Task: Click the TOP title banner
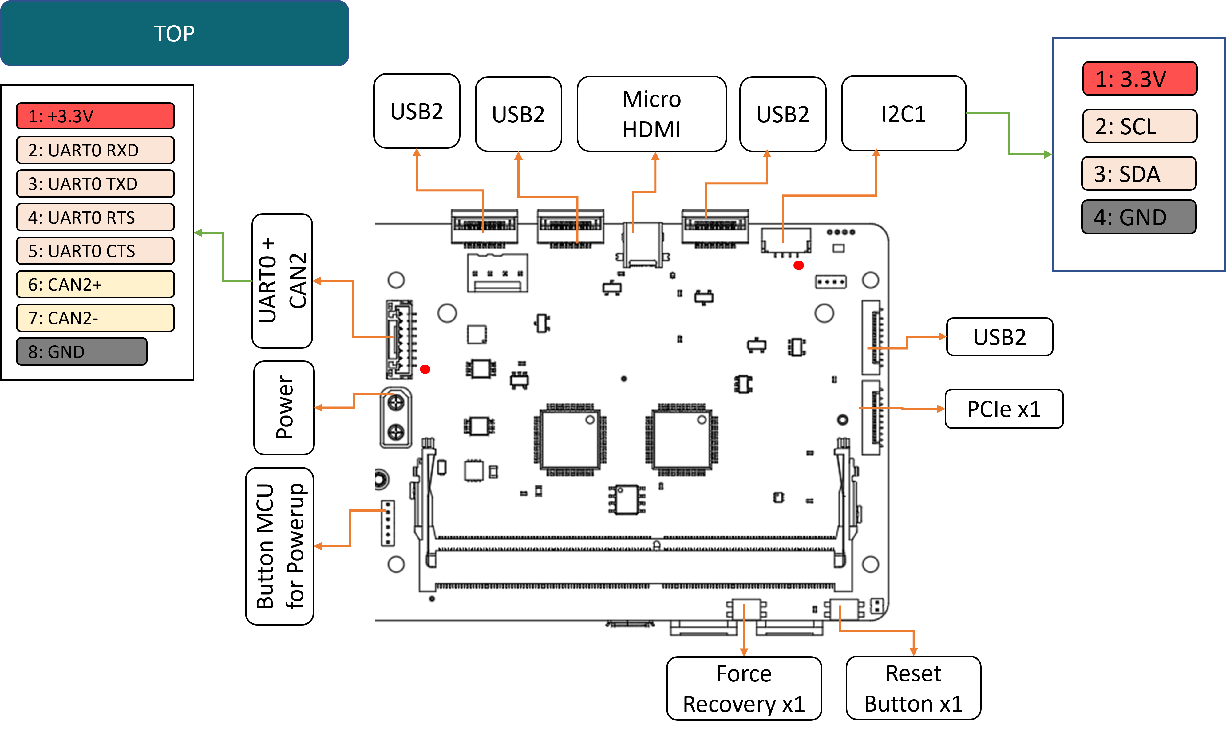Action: (x=174, y=33)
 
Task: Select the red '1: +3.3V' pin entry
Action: (x=95, y=116)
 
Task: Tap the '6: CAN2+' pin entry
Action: (x=95, y=285)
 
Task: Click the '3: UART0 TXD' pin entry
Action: (x=95, y=183)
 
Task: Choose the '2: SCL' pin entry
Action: (x=1139, y=126)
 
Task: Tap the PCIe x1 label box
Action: (x=1003, y=409)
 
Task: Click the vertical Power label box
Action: (x=284, y=408)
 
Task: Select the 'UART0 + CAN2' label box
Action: (x=282, y=281)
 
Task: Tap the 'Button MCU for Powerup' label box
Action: (x=279, y=546)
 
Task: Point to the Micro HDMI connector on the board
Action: (x=643, y=245)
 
